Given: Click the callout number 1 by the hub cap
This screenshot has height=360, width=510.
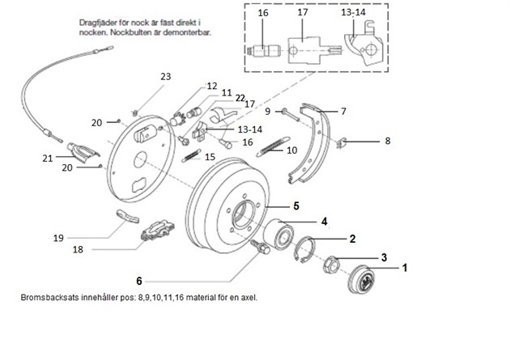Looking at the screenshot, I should point(406,266).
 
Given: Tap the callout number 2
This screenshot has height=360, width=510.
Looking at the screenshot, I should point(353,239).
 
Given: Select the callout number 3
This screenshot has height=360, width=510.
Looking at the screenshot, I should point(384,257).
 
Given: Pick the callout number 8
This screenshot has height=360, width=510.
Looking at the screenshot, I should point(387,141).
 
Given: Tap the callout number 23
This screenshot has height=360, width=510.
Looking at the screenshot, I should point(166,76).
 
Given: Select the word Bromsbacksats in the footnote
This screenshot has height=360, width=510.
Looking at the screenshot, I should point(49,297).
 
